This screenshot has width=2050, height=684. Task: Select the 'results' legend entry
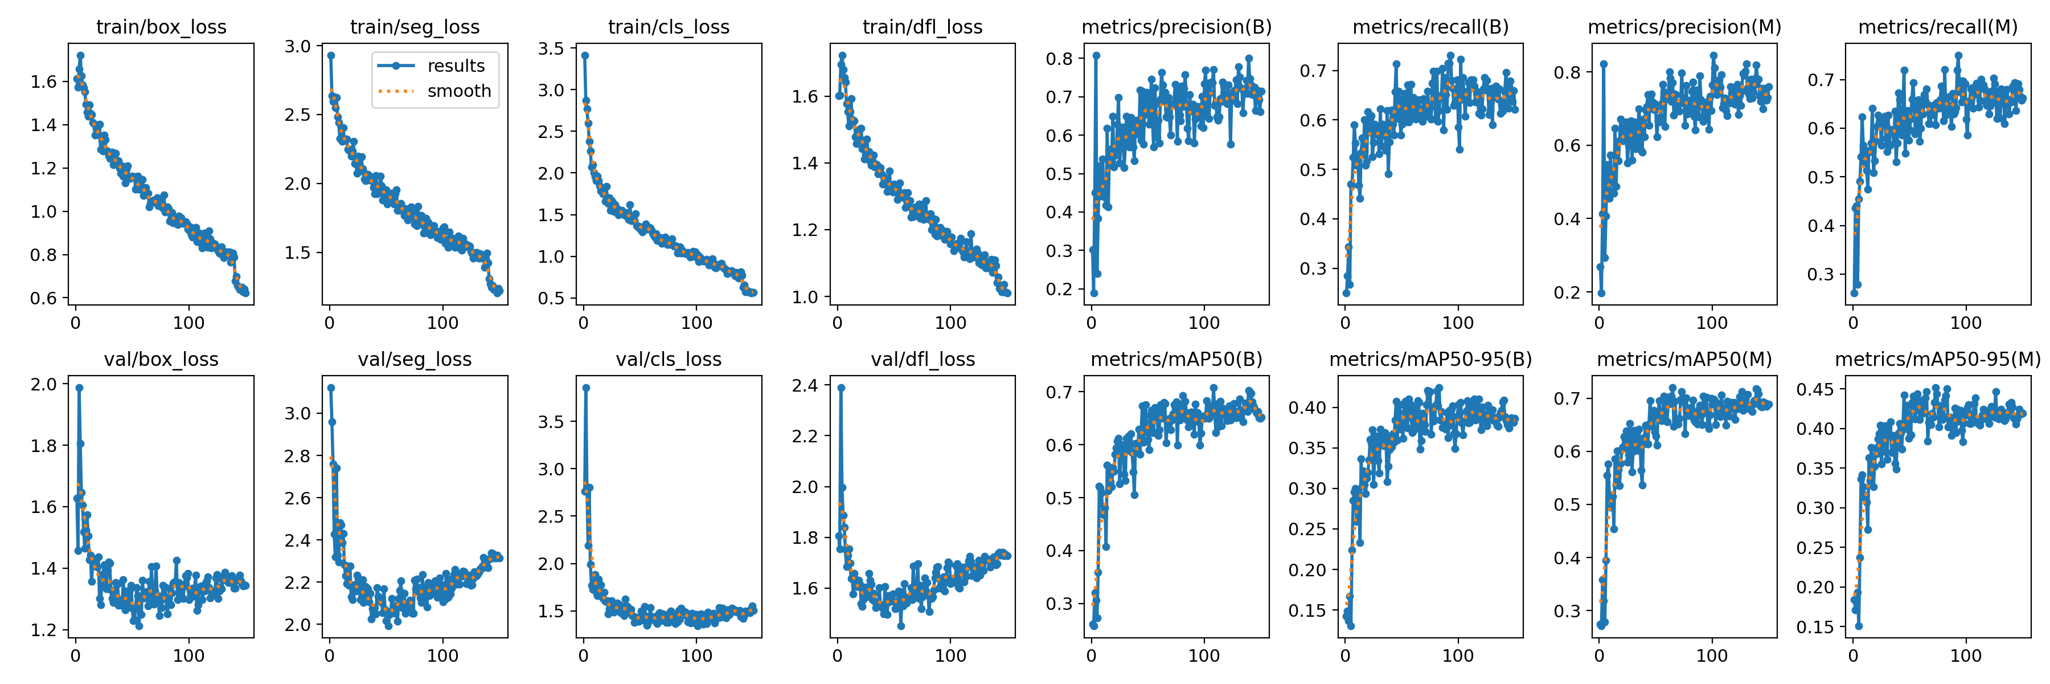pyautogui.click(x=455, y=66)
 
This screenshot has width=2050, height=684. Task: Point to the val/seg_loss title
pyautogui.click(x=415, y=360)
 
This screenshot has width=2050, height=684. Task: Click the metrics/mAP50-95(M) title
pyautogui.click(x=1938, y=360)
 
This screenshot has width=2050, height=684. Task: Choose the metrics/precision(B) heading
pyautogui.click(x=1176, y=27)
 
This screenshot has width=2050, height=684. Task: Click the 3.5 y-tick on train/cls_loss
pyautogui.click(x=551, y=48)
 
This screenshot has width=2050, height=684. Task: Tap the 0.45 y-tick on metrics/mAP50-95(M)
pyautogui.click(x=1815, y=389)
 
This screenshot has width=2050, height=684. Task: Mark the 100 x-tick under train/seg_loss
pyautogui.click(x=442, y=323)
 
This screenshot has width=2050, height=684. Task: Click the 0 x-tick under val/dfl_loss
pyautogui.click(x=837, y=656)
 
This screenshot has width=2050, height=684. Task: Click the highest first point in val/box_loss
pyautogui.click(x=79, y=388)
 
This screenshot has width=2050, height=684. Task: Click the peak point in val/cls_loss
pyautogui.click(x=586, y=388)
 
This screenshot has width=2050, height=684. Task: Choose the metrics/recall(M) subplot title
pyautogui.click(x=1938, y=27)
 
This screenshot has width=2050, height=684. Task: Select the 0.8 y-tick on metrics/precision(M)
pyautogui.click(x=1568, y=72)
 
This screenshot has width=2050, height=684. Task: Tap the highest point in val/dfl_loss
pyautogui.click(x=841, y=388)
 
